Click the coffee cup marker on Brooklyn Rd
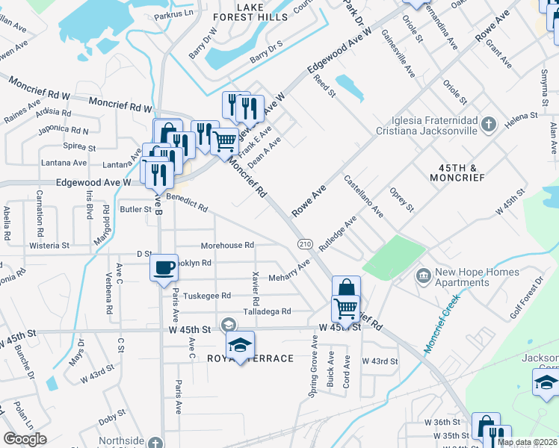pyautogui.click(x=164, y=267)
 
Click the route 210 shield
pyautogui.click(x=304, y=244)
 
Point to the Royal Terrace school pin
pyautogui.click(x=241, y=344)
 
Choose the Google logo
pyautogui.click(x=25, y=438)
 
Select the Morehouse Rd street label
pyautogui.click(x=227, y=245)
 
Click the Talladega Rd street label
pyautogui.click(x=267, y=311)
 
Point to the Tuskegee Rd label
pyautogui.click(x=207, y=296)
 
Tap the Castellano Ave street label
pyautogui.click(x=363, y=196)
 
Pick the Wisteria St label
pyautogui.click(x=49, y=245)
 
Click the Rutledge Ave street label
pyautogui.click(x=338, y=234)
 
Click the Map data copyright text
pyautogui.click(x=526, y=442)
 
